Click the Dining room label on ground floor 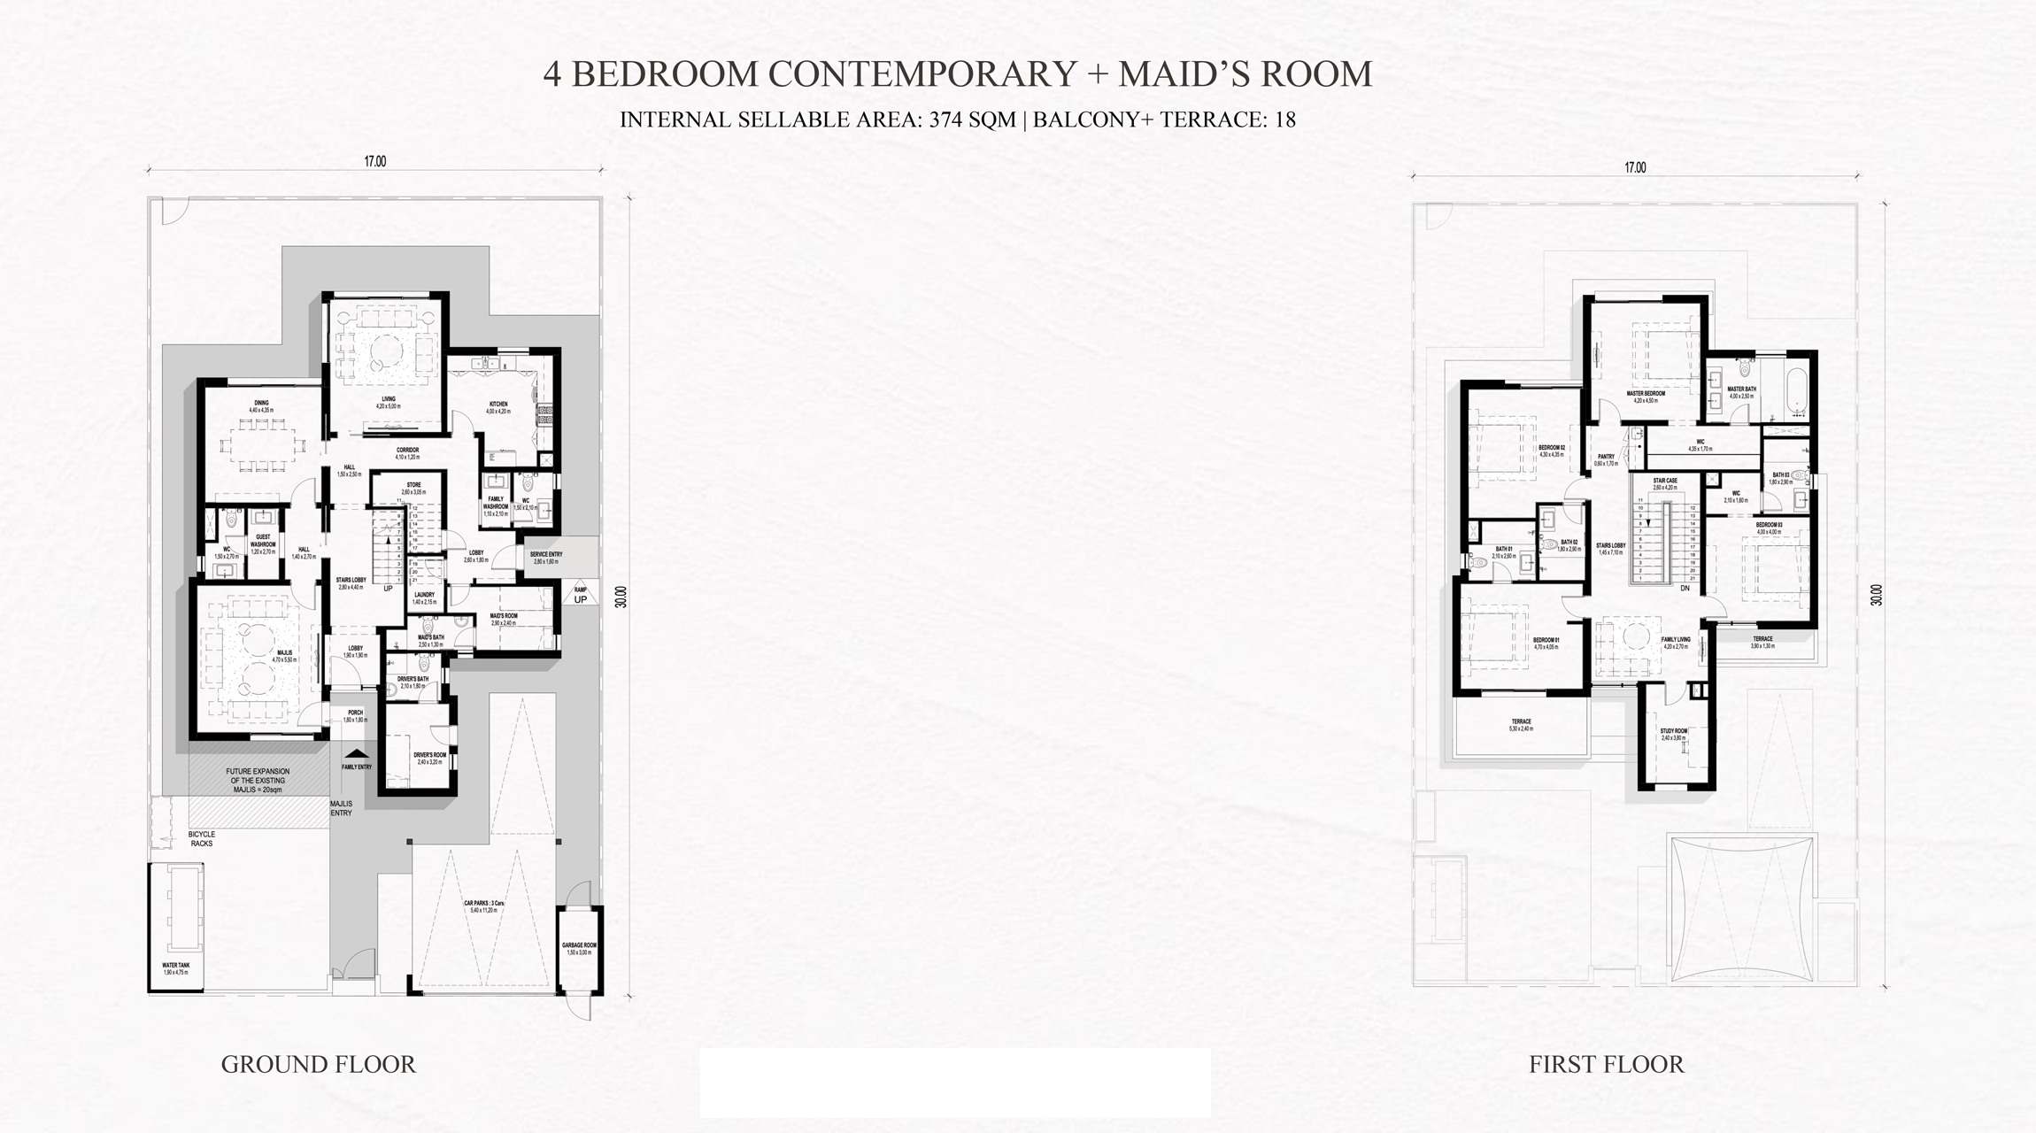[261, 406]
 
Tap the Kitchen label [498, 407]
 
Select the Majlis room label [283, 656]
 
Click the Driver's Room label [429, 758]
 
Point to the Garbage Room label [579, 949]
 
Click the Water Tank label [176, 968]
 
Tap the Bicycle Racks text [201, 839]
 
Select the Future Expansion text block [258, 781]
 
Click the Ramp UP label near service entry [580, 596]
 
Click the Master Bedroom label [1646, 397]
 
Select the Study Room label [1673, 734]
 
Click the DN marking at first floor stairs [1685, 588]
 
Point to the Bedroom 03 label [1769, 528]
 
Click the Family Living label [1676, 643]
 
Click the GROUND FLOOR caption [318, 1064]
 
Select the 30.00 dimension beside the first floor [1876, 595]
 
